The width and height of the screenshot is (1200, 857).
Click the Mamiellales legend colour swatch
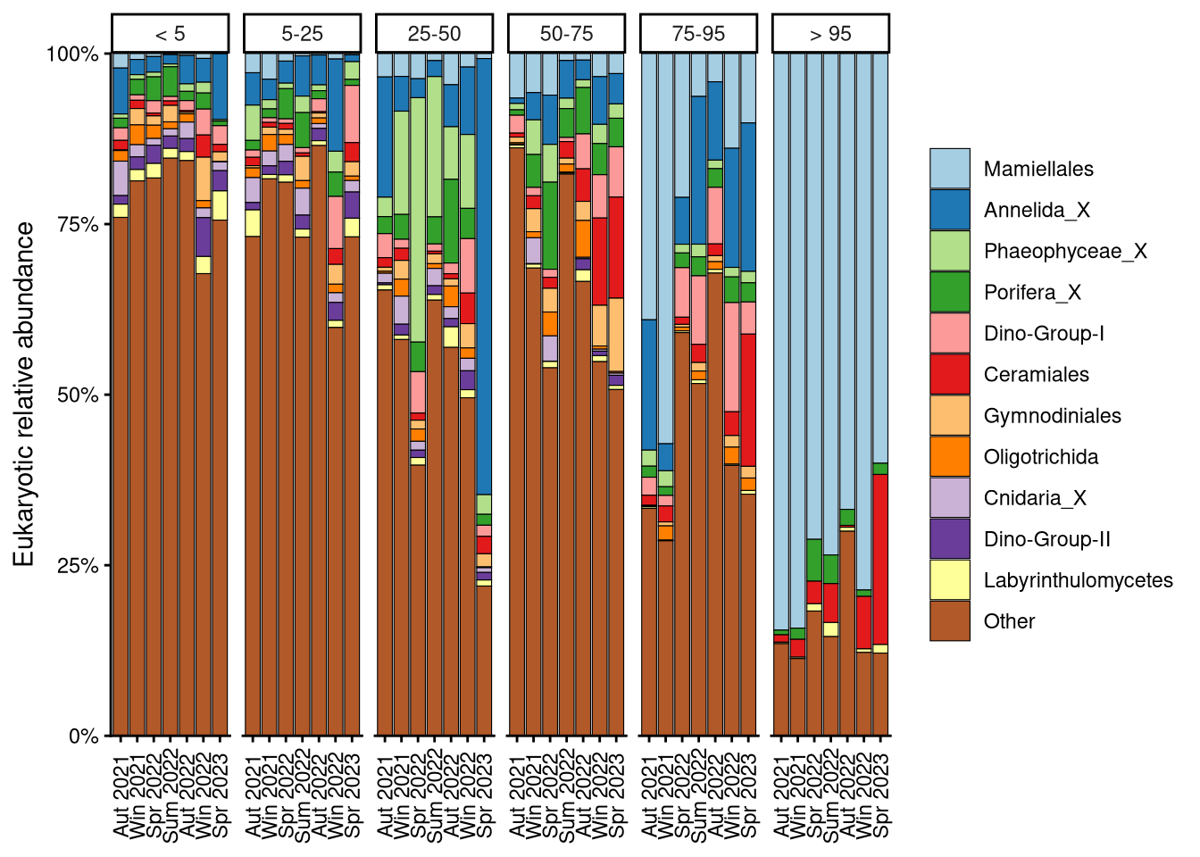pyautogui.click(x=949, y=169)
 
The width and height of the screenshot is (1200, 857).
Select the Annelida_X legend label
pyautogui.click(x=1037, y=210)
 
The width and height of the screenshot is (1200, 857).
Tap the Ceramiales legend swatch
pyautogui.click(x=949, y=374)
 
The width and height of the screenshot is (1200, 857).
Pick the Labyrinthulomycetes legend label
pyautogui.click(x=1078, y=580)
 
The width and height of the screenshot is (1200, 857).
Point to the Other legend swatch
pyautogui.click(x=949, y=621)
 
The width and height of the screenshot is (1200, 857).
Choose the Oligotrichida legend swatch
pyautogui.click(x=949, y=456)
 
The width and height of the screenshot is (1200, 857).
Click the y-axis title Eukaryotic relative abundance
pyautogui.click(x=24, y=395)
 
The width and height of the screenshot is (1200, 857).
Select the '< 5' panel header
pyautogui.click(x=171, y=34)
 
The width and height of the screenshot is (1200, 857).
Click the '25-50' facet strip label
pyautogui.click(x=435, y=34)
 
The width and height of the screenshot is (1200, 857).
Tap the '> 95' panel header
pyautogui.click(x=830, y=34)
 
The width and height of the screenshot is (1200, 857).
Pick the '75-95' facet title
pyautogui.click(x=698, y=34)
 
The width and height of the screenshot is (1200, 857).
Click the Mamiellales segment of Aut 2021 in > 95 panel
pyautogui.click(x=781, y=339)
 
